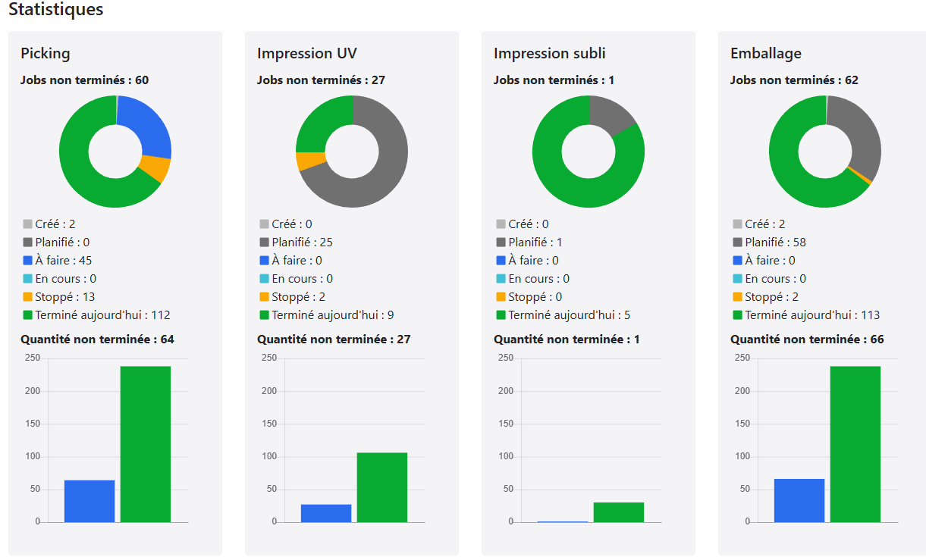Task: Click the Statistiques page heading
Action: tap(55, 10)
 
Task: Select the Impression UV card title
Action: tap(306, 53)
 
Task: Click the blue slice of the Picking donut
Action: tap(149, 124)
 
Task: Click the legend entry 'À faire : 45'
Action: tap(63, 261)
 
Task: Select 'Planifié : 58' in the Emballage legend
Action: tap(775, 243)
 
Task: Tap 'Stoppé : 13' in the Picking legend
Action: tap(64, 297)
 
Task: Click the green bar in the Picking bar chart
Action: tap(146, 444)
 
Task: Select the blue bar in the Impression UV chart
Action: tap(326, 513)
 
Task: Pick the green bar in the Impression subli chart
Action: tap(619, 512)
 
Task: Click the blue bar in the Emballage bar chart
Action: tap(799, 500)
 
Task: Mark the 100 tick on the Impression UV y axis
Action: tap(268, 456)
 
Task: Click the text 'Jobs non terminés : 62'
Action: tap(794, 80)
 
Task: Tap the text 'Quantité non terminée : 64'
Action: tap(97, 340)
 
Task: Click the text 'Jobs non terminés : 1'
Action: tap(554, 80)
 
